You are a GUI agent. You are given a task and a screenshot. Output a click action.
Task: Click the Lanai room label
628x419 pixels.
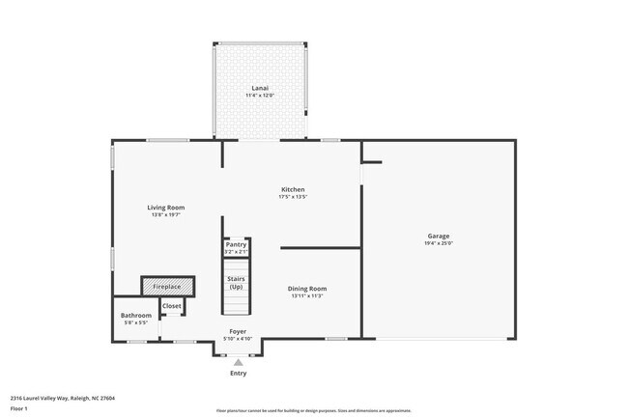click(x=259, y=89)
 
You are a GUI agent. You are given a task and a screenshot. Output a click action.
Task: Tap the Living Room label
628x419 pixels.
click(x=165, y=207)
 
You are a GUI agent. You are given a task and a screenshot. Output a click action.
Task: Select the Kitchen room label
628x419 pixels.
click(x=293, y=189)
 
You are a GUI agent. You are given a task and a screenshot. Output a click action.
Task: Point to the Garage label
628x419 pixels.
click(x=439, y=236)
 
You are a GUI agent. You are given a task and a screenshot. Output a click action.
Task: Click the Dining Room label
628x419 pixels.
click(x=308, y=288)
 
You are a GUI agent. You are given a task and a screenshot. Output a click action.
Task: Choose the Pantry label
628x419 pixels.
click(x=236, y=244)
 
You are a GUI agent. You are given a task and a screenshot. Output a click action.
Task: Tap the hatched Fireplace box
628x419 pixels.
click(x=168, y=287)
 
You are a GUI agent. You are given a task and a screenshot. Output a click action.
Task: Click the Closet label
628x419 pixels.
click(x=171, y=306)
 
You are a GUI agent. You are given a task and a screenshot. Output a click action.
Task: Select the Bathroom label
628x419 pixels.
click(x=135, y=315)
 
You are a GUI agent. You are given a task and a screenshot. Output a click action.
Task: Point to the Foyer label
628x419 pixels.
click(x=237, y=331)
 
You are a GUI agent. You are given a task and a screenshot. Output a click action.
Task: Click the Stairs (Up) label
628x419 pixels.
click(x=236, y=282)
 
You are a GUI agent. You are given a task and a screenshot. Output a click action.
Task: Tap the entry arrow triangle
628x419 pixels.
click(x=238, y=362)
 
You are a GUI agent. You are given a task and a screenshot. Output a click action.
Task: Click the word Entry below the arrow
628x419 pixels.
click(x=238, y=374)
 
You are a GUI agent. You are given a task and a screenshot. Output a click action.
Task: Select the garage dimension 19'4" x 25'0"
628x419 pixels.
click(x=439, y=243)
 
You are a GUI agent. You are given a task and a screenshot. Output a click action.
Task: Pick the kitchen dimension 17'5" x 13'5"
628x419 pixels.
click(x=293, y=197)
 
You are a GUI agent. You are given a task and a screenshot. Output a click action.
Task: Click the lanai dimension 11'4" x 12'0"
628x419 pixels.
click(x=259, y=96)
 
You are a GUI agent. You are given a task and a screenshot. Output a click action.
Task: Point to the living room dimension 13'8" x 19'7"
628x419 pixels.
click(x=165, y=214)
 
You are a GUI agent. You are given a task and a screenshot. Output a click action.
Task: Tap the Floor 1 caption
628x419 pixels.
click(x=19, y=408)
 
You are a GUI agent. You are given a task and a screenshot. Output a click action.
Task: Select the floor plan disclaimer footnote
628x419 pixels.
click(x=313, y=410)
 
